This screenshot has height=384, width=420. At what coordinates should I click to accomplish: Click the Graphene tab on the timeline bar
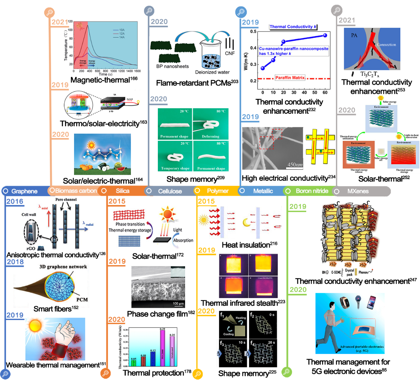[24, 191]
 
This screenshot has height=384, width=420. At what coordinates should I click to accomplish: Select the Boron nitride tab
[312, 191]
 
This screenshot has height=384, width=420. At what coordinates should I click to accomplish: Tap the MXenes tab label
[358, 191]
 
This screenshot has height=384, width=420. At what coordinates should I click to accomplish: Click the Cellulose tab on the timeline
[170, 191]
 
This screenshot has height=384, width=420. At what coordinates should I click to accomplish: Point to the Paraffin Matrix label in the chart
[290, 78]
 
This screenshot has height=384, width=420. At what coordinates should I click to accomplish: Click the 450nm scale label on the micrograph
[295, 165]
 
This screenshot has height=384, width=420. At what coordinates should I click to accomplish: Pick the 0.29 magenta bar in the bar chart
[163, 348]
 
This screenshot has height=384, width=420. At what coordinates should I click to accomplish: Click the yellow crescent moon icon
[247, 222]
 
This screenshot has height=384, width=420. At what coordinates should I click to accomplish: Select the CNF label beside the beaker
[230, 53]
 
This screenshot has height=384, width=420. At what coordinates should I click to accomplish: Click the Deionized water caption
[212, 72]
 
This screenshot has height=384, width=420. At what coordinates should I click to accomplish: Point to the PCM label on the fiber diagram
[82, 300]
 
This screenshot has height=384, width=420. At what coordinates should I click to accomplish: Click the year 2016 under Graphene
[15, 202]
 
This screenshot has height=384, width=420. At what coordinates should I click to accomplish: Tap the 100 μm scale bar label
[178, 304]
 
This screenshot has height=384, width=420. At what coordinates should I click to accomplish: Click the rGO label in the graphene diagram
[31, 248]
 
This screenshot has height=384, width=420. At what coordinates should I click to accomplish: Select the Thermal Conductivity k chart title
[293, 27]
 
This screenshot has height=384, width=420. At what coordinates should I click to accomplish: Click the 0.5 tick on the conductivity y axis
[253, 32]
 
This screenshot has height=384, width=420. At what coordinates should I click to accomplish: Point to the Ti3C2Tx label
[370, 74]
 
